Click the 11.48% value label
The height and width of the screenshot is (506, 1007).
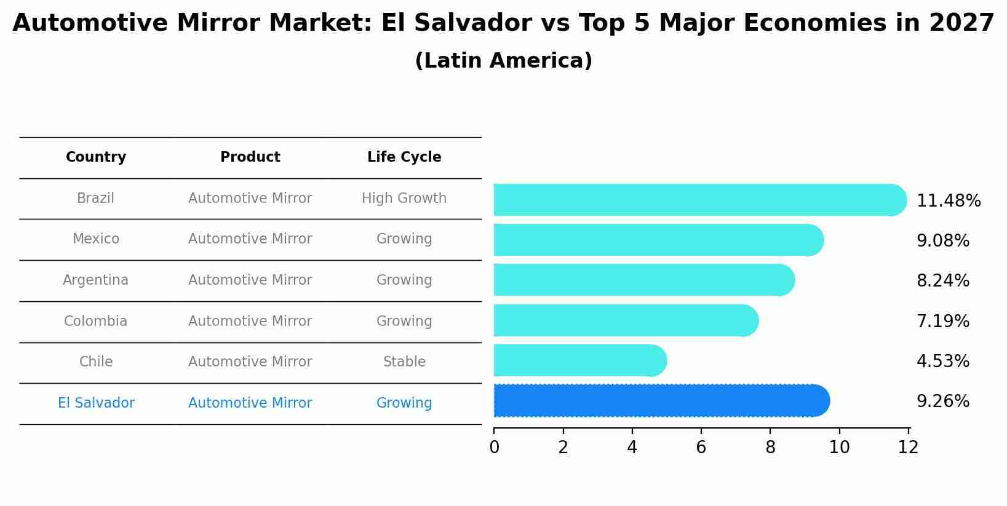pyautogui.click(x=948, y=201)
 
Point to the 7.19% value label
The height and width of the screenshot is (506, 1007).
pyautogui.click(x=942, y=321)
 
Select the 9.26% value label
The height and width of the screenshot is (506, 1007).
pyautogui.click(x=942, y=401)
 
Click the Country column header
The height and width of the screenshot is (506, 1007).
pyautogui.click(x=96, y=157)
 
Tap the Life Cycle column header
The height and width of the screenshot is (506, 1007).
pyautogui.click(x=404, y=157)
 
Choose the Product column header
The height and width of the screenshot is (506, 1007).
pyautogui.click(x=250, y=157)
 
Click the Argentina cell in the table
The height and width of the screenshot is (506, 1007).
pyautogui.click(x=96, y=280)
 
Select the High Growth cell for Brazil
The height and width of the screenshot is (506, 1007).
pyautogui.click(x=404, y=199)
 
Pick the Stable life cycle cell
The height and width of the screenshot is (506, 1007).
pyautogui.click(x=404, y=362)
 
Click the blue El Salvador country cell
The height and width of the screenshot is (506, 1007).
pyautogui.click(x=96, y=403)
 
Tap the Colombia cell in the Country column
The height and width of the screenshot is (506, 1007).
pyautogui.click(x=96, y=322)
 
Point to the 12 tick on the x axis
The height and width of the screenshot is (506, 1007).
pyautogui.click(x=908, y=448)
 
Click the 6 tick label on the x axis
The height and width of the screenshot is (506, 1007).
pyautogui.click(x=701, y=448)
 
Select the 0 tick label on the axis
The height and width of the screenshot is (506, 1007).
pyautogui.click(x=494, y=448)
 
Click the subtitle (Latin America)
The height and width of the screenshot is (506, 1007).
pyautogui.click(x=503, y=61)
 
